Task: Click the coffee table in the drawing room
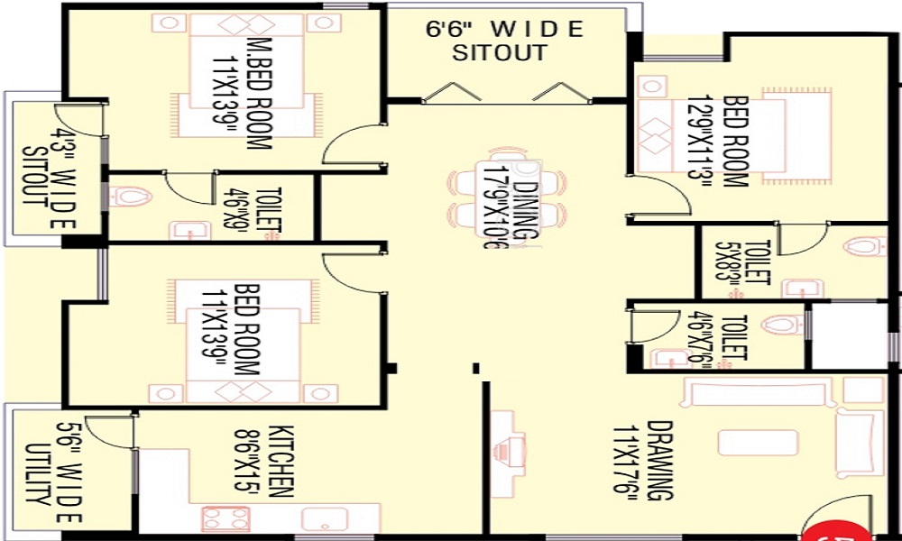point(758,443)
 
